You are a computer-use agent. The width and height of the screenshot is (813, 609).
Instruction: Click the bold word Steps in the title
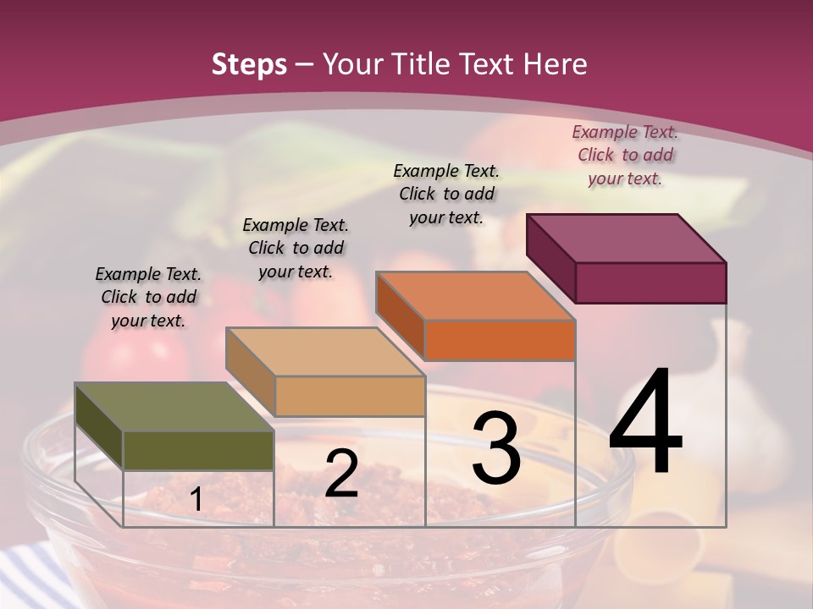[x=249, y=64]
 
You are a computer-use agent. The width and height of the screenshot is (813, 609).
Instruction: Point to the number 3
[x=496, y=449]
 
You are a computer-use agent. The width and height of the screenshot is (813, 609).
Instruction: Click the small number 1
[x=196, y=500]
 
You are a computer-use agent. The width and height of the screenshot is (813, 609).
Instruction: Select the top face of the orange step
[x=475, y=296]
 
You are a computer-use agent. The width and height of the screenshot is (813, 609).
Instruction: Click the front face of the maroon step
[x=650, y=283]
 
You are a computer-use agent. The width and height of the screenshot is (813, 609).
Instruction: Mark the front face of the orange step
[x=500, y=340]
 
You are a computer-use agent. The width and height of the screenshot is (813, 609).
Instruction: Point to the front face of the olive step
[x=198, y=450]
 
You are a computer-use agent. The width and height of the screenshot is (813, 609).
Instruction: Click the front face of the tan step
[x=350, y=396]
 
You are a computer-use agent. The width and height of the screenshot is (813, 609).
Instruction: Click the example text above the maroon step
[x=625, y=155]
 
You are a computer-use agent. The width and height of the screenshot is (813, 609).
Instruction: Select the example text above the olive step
[x=148, y=297]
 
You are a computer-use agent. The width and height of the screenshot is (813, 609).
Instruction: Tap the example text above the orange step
[x=446, y=194]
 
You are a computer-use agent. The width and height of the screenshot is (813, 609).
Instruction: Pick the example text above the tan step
[x=296, y=248]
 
